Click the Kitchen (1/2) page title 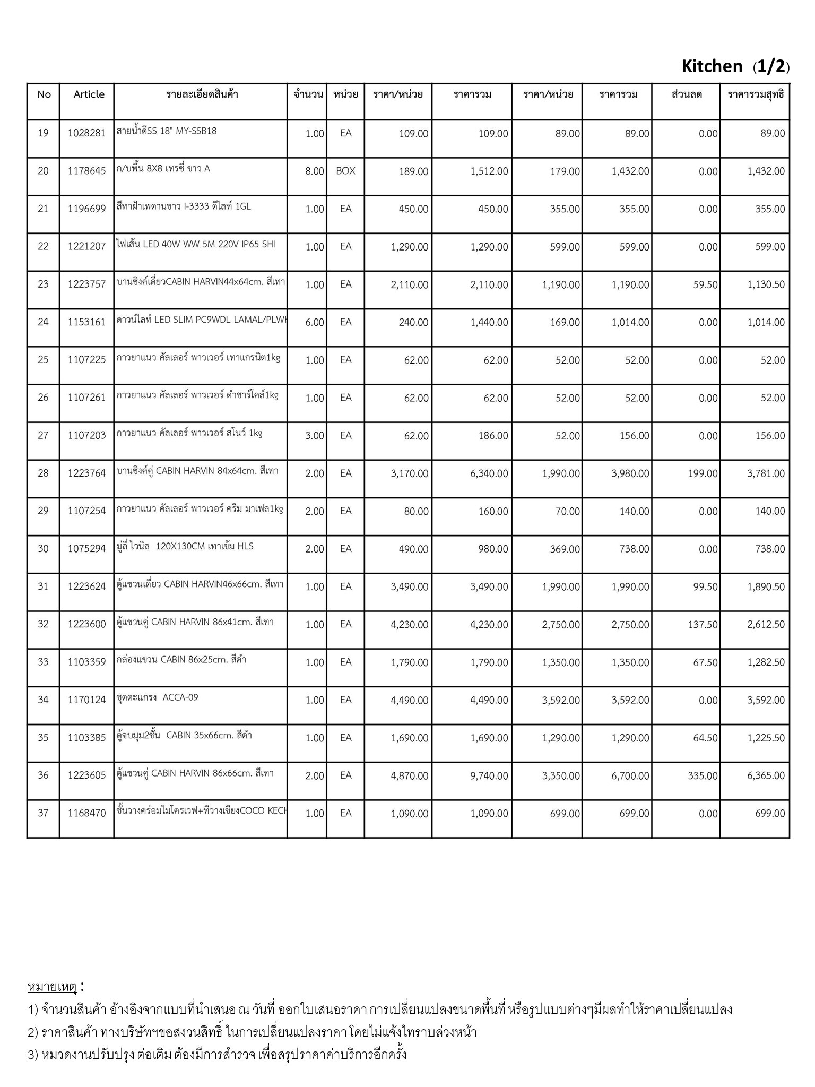(735, 66)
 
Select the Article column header (89, 94)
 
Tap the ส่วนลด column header (687, 95)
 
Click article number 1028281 (86, 133)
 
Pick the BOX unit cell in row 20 (345, 171)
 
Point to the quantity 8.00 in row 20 (314, 171)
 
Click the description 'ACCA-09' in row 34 (180, 697)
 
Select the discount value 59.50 (705, 285)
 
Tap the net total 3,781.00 (766, 473)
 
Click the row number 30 (43, 549)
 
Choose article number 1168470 (86, 813)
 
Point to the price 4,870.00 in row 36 (409, 776)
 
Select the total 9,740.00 (489, 776)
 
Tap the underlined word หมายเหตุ (52, 987)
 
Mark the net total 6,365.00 (766, 776)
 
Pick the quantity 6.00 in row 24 (314, 323)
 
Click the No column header (44, 94)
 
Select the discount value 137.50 (703, 625)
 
